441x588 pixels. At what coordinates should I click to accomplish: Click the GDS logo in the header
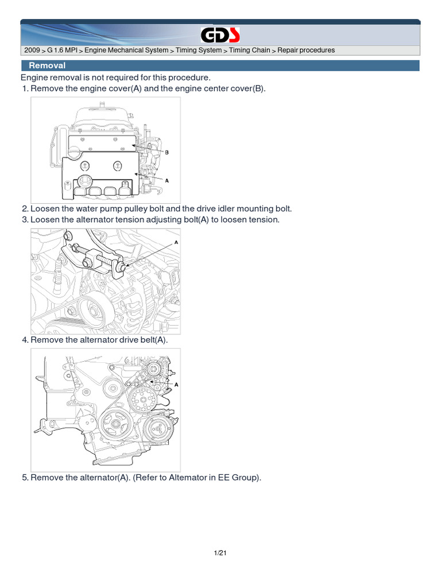point(220,35)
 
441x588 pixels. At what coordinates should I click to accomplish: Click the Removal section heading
point(47,65)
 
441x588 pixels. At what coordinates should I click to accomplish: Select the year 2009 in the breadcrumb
point(32,51)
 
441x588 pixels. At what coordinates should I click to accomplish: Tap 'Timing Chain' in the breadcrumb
point(249,51)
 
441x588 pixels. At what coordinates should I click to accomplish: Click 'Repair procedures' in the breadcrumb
point(306,51)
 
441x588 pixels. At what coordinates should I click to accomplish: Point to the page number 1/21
point(220,553)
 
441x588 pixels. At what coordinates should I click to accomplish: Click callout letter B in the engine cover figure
point(167,152)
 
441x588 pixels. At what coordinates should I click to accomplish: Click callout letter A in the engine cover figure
point(167,181)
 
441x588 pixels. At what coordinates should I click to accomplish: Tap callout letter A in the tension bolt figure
point(176,243)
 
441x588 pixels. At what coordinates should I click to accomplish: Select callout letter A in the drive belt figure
point(176,385)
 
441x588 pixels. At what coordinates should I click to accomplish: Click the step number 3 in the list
point(25,220)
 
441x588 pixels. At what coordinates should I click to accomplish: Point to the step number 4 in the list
point(25,340)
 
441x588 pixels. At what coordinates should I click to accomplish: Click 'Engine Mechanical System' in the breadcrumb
point(126,51)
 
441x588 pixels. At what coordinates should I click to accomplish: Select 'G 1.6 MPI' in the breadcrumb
point(62,51)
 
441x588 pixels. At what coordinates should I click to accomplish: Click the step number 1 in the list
point(25,89)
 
